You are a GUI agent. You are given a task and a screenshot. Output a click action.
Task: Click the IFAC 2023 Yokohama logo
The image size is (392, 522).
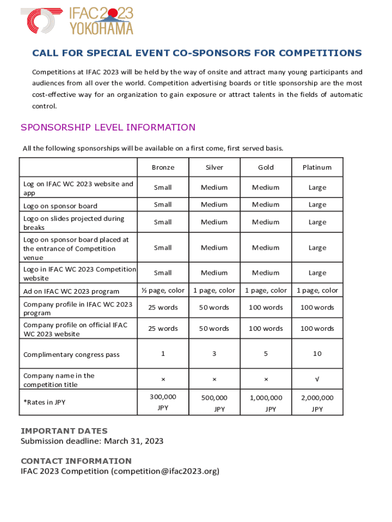[77, 21]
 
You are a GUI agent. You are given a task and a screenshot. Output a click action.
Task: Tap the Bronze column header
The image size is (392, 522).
[163, 167]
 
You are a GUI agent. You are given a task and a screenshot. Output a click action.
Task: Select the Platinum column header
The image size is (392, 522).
[317, 167]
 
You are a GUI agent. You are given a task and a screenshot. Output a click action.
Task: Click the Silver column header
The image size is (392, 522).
[214, 167]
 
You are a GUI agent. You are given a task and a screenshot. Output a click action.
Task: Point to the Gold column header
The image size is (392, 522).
[266, 167]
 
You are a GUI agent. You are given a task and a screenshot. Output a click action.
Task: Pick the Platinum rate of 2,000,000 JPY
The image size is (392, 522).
[317, 403]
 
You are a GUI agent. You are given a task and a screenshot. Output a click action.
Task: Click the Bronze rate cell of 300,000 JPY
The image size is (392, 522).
[163, 402]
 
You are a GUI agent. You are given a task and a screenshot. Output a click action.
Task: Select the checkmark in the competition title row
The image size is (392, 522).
[317, 379]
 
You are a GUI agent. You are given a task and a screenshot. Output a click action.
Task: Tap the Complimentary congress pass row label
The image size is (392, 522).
[71, 354]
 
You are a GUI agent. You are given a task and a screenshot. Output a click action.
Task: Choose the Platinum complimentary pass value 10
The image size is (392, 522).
[317, 353]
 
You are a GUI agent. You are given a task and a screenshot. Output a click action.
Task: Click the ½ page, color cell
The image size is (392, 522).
[163, 291]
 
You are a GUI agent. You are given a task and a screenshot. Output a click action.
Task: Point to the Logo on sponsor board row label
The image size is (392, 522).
[60, 206]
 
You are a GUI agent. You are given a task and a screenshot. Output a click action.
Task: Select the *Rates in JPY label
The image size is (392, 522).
[44, 402]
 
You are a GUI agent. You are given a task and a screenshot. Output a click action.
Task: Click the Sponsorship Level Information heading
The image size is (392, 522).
[108, 127]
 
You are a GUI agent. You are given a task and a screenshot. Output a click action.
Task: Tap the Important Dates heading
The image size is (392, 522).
[64, 431]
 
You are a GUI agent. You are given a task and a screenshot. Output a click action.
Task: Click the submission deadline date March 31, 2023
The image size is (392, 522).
[133, 441]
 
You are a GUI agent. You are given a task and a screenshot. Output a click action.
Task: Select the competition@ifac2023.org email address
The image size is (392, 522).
[165, 471]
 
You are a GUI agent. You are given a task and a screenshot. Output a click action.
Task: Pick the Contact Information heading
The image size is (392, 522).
[76, 461]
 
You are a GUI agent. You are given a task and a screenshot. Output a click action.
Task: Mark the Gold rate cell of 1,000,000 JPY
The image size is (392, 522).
[266, 403]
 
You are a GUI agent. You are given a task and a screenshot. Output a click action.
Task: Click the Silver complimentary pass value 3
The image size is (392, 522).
[214, 353]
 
